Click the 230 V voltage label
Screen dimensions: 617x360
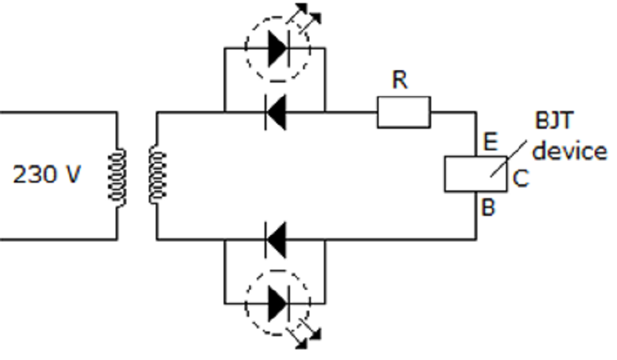coord(47,174)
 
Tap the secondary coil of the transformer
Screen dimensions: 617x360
coord(157,174)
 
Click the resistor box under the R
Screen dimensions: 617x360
coord(403,112)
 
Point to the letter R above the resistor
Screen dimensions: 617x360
coord(400,80)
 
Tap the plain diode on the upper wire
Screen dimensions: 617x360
coord(275,112)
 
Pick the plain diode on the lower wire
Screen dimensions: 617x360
coord(275,239)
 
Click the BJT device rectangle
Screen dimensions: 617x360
coord(476,174)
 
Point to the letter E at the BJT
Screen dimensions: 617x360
coord(490,142)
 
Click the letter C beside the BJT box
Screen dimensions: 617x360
coord(521,178)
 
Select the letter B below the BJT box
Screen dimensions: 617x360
coord(488,207)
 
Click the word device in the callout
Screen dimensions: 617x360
coord(570,151)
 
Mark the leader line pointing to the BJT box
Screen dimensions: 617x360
coord(508,159)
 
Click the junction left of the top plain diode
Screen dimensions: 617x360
coord(224,112)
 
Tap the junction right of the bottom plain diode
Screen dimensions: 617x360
coord(325,239)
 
